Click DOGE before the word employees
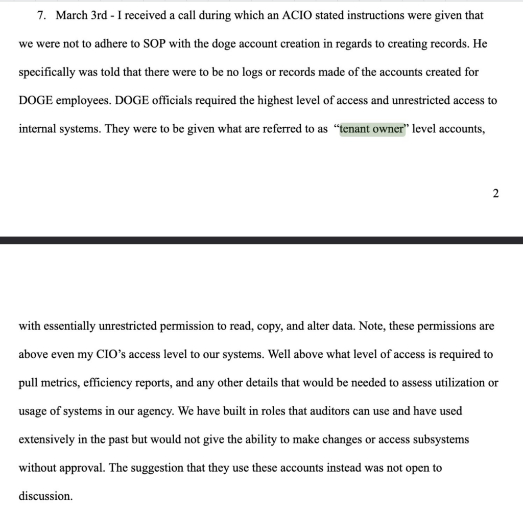(x=36, y=100)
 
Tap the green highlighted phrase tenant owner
(x=372, y=129)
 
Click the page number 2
(x=495, y=194)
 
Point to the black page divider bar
(x=261, y=240)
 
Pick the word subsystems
(x=440, y=439)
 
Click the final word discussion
(x=45, y=496)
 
